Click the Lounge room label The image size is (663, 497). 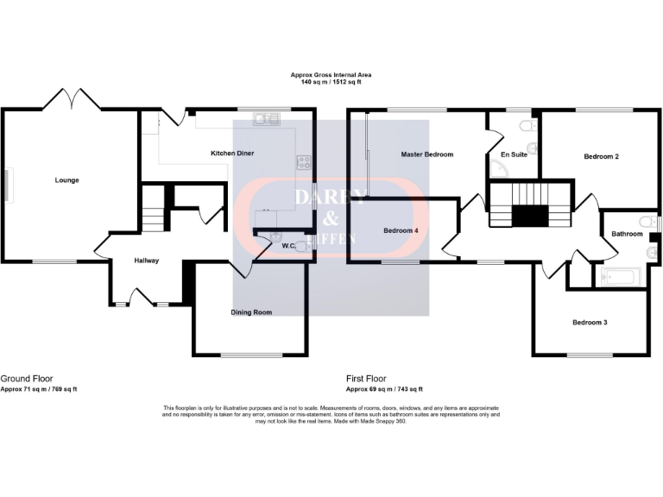pyautogui.click(x=67, y=180)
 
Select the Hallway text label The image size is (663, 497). pyautogui.click(x=146, y=260)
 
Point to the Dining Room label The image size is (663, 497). pyautogui.click(x=251, y=312)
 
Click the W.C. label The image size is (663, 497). pyautogui.click(x=289, y=247)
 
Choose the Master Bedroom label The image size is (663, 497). pyautogui.click(x=426, y=154)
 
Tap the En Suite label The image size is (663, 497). pyautogui.click(x=514, y=155)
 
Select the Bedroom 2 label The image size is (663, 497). pyautogui.click(x=601, y=156)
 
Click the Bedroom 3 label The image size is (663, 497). pyautogui.click(x=590, y=323)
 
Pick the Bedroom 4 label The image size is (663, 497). pyautogui.click(x=401, y=230)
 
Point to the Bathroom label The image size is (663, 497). pyautogui.click(x=627, y=234)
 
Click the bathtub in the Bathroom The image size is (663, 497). pyautogui.click(x=619, y=278)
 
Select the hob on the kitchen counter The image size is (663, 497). pyautogui.click(x=304, y=160)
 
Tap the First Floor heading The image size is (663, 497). pyautogui.click(x=366, y=378)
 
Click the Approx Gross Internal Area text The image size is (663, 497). pyautogui.click(x=331, y=76)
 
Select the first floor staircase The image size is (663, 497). pyautogui.click(x=530, y=204)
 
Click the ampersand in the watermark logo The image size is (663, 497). pyautogui.click(x=331, y=218)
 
